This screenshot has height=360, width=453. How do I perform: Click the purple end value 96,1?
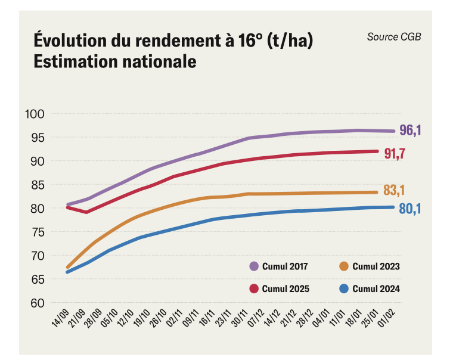pos(410,131)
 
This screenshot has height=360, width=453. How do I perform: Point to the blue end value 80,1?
pos(410,209)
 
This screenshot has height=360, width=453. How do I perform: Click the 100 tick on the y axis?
pos(35,114)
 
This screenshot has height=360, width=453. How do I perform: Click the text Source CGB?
pos(393,37)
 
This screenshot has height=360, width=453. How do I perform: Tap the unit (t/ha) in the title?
pos(290,41)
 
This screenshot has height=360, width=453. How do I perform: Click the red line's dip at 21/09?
pos(87,212)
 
